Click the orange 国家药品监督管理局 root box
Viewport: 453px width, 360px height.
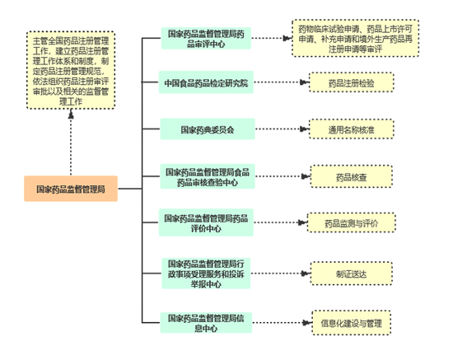71,189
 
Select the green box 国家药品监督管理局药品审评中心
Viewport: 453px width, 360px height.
206,39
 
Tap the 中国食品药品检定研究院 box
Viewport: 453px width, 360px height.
206,82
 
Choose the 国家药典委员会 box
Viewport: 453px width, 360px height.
208,129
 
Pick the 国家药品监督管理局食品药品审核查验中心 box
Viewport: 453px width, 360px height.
208,176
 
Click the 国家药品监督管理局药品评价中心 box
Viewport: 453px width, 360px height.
206,222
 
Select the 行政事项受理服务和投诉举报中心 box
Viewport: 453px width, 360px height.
206,274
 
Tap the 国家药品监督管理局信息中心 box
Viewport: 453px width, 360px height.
206,323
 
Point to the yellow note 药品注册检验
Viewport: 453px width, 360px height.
352,82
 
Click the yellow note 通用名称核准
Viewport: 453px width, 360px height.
352,129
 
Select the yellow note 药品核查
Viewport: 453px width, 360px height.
352,176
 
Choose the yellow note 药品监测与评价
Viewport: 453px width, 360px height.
352,222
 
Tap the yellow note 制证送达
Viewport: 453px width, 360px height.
352,274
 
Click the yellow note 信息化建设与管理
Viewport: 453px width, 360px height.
352,323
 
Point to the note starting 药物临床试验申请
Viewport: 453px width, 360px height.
355,39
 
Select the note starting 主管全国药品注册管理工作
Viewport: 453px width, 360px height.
71,70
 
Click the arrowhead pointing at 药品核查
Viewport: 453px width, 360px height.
306,176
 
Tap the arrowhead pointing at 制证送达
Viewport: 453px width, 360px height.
306,274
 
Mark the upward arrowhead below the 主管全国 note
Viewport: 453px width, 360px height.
71,114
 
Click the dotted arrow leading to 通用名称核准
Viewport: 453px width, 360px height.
283,129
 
